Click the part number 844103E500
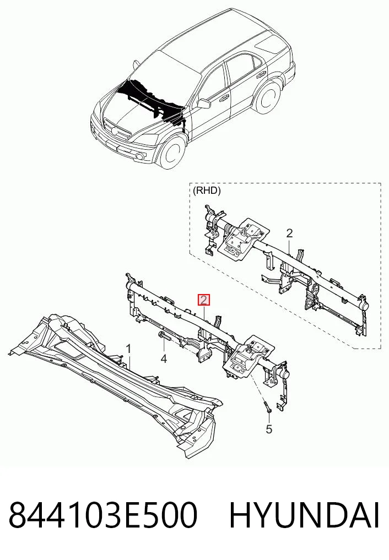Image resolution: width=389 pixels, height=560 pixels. pos(103,515)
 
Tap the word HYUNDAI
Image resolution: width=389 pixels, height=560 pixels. pos(304,515)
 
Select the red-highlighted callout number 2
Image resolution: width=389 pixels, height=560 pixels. pos(204,300)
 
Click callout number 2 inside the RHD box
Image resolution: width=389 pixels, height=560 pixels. pos(289,233)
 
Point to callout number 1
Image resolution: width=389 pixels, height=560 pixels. pos(128,349)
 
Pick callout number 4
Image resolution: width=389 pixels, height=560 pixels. pos(164,358)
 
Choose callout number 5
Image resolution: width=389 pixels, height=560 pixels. pos(269,429)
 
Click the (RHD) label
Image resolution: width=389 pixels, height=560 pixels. pos(207,191)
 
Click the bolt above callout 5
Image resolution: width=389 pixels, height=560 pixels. pos(268,407)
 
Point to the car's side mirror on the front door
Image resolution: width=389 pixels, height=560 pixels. pos(203,104)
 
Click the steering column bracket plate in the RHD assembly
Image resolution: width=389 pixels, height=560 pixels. pos(245,237)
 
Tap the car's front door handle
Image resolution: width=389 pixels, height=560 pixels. pos(225,97)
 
